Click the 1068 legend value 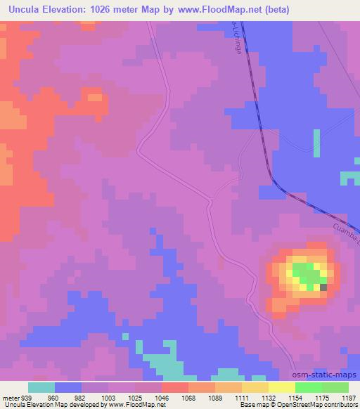tap(188, 397)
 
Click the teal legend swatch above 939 tap(41, 387)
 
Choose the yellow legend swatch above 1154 tap(281, 387)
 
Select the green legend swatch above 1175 tap(308, 387)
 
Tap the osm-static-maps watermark tap(328, 375)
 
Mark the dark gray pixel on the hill tap(323, 287)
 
